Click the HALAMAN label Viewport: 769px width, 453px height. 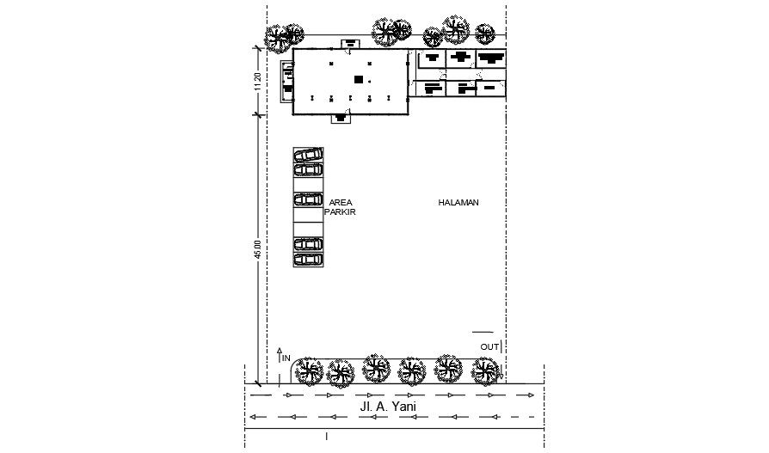pyautogui.click(x=458, y=203)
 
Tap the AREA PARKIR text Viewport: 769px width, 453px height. pyautogui.click(x=341, y=206)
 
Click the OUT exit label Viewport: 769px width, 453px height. pyautogui.click(x=489, y=346)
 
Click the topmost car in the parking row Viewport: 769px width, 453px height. pyautogui.click(x=308, y=155)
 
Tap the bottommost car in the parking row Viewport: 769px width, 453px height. pyautogui.click(x=308, y=258)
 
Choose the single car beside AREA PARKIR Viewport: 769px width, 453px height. pyautogui.click(x=308, y=199)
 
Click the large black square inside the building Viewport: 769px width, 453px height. pyautogui.click(x=358, y=80)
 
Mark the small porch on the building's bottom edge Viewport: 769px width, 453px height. pyautogui.click(x=341, y=118)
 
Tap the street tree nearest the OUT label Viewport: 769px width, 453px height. pyautogui.click(x=486, y=371)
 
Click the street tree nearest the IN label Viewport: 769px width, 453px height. pyautogui.click(x=307, y=372)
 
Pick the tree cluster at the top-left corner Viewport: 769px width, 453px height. pyautogui.click(x=283, y=37)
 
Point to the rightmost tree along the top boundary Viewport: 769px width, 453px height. pyautogui.click(x=486, y=34)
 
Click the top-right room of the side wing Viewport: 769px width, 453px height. pyautogui.click(x=490, y=59)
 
